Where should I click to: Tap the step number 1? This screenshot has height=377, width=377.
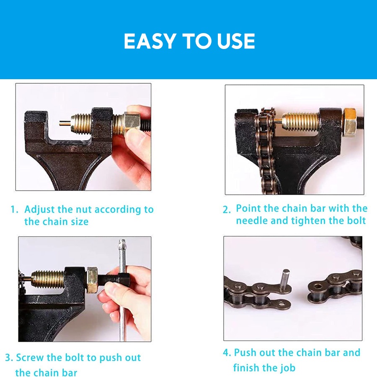(14, 209)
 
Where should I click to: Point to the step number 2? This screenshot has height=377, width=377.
(227, 210)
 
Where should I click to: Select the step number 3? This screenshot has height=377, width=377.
(9, 358)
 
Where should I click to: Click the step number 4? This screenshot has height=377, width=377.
(227, 353)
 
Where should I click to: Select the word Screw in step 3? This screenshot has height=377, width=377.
(30, 358)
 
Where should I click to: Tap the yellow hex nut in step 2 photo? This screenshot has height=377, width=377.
(350, 122)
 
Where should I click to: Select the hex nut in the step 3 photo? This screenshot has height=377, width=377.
(92, 280)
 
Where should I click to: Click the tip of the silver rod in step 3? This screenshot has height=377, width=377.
(122, 241)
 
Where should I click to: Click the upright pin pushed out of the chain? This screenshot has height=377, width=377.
(285, 279)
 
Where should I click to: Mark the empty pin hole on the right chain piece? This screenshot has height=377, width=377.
(318, 287)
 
